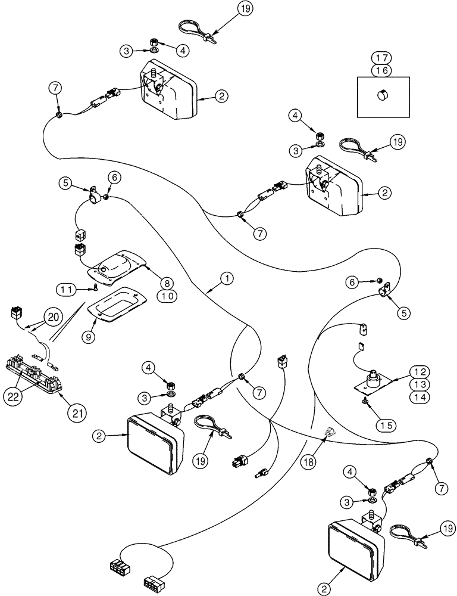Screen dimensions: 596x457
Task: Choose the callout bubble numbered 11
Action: tap(68, 289)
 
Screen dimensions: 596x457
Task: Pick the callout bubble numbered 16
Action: tap(381, 70)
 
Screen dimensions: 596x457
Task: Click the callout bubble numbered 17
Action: tap(381, 58)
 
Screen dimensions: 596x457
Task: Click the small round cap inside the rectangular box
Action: tap(382, 95)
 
